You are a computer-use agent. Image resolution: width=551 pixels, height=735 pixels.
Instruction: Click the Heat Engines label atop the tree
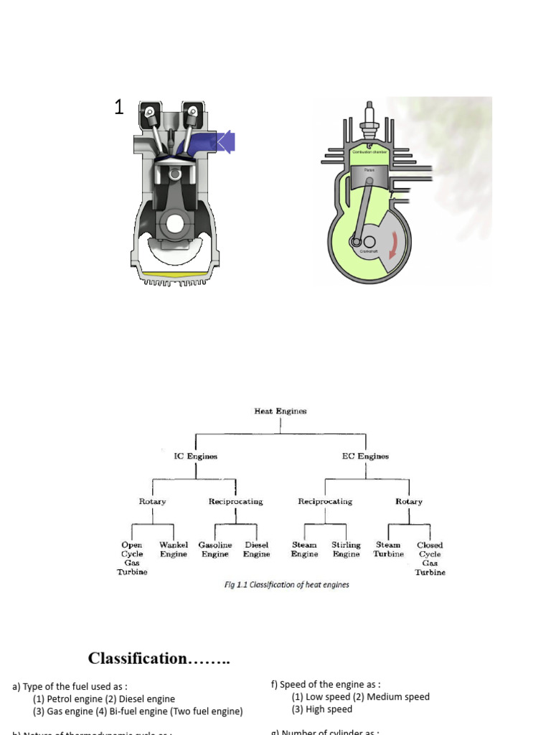click(x=280, y=411)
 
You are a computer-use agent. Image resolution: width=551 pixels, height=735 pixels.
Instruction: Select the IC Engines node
click(x=196, y=456)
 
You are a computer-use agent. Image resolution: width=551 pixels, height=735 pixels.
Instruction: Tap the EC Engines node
click(x=366, y=456)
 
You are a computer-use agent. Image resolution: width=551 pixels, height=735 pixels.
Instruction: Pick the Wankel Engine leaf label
click(x=173, y=550)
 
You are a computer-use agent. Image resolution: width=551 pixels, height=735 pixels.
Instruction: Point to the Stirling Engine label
click(x=346, y=550)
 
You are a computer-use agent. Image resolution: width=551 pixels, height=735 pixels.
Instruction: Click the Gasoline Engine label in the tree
click(x=215, y=550)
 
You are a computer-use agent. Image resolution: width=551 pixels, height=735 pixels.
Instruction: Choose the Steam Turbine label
click(x=388, y=550)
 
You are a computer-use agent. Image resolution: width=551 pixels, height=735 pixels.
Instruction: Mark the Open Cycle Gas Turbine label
click(x=132, y=558)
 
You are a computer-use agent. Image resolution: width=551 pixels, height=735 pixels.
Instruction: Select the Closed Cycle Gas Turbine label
click(x=430, y=558)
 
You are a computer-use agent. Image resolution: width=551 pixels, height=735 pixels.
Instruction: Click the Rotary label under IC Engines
click(x=152, y=502)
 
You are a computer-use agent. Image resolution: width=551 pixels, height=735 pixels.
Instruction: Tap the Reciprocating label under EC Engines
click(x=325, y=502)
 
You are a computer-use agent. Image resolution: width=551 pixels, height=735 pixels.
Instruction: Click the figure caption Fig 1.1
click(x=287, y=585)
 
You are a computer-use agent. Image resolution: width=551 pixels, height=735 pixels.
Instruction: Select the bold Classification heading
click(x=159, y=658)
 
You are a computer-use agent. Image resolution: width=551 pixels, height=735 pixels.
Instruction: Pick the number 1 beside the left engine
click(x=119, y=108)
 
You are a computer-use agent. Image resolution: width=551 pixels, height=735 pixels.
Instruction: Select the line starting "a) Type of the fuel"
click(x=70, y=687)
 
